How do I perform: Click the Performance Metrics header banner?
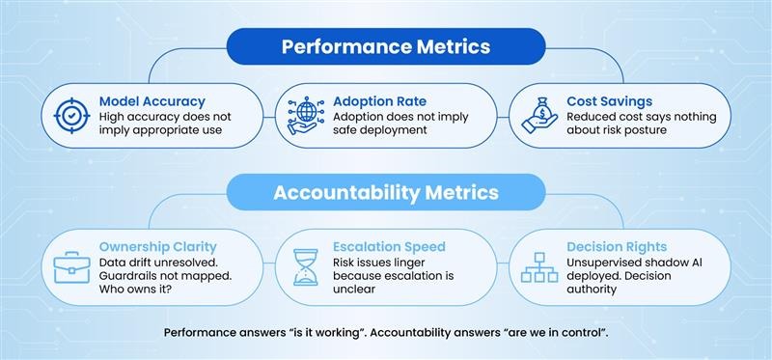386,46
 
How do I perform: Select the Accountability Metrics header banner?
386,192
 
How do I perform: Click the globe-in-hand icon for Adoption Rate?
300,115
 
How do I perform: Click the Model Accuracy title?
151,100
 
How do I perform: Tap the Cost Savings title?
610,100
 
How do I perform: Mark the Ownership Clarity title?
158,247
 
